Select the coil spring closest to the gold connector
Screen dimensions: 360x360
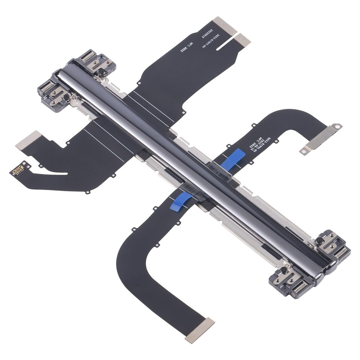pos(48,86)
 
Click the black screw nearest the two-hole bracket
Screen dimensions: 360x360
pos(319,240)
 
